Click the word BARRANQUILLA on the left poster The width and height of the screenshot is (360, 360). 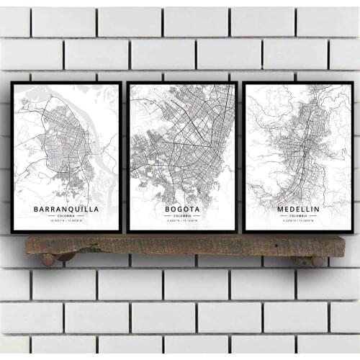coord(66,210)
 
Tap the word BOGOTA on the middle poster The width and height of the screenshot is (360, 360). coord(182,209)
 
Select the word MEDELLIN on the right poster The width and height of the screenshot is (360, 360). coord(297,209)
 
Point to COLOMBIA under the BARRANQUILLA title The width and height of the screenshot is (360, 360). coord(66,217)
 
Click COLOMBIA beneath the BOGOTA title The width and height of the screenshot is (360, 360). coord(182,216)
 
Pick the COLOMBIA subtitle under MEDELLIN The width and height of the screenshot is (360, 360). coord(297,216)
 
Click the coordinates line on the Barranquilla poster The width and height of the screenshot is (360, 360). coord(66,222)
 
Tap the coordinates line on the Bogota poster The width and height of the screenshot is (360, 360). coord(182,222)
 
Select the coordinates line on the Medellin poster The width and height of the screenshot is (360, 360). coord(297,222)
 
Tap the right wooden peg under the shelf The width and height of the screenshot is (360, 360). coord(318,261)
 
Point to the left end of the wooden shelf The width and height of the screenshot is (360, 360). coord(29,246)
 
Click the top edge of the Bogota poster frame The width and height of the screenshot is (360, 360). coord(182,83)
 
